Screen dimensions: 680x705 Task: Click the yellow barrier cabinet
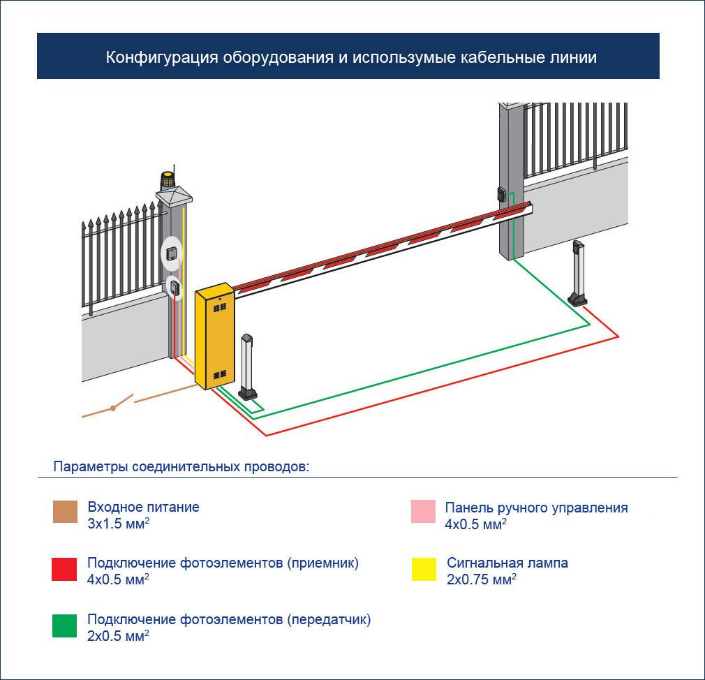tap(214, 337)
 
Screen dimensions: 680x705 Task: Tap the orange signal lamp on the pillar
tap(168, 182)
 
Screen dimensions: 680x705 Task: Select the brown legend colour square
tap(64, 512)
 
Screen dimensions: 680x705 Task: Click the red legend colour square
tap(64, 569)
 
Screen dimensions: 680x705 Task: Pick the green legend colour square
tap(64, 626)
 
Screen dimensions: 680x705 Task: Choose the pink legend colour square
tap(424, 512)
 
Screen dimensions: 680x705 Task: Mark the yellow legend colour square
tap(424, 569)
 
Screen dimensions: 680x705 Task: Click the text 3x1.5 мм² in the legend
tap(118, 523)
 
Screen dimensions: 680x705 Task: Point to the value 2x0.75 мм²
tap(481, 579)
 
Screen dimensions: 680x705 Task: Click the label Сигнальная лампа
tap(507, 563)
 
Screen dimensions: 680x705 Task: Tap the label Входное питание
tap(143, 507)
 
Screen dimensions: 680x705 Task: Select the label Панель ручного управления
tap(536, 508)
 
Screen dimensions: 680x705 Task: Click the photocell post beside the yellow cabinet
tap(248, 367)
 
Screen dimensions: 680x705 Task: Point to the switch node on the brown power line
tap(112, 408)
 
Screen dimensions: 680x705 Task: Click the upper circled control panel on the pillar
tap(172, 253)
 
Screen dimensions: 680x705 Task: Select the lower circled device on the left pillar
tap(172, 286)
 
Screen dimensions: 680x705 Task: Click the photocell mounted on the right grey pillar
tap(502, 193)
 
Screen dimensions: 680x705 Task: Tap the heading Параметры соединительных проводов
tap(181, 466)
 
